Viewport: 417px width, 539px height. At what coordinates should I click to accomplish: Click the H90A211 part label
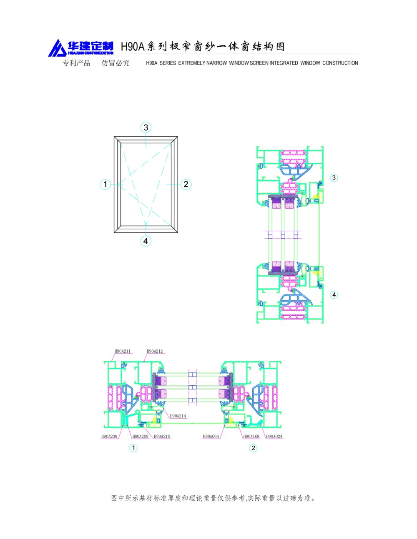tap(122, 351)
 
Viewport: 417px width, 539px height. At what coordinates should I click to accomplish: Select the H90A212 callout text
tap(155, 351)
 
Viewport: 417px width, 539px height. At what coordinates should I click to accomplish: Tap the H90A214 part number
tap(178, 416)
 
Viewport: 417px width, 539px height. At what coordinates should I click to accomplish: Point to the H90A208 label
tap(109, 436)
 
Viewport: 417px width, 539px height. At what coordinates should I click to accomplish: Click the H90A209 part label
tap(141, 436)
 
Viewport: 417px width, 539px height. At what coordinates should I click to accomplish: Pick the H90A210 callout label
tap(162, 436)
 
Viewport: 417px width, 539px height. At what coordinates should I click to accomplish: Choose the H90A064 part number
tap(211, 436)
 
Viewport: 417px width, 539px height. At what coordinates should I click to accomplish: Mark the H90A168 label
tap(251, 436)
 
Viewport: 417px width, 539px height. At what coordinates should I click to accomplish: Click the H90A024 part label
tap(274, 436)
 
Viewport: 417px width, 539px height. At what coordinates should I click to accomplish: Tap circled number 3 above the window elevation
tap(146, 127)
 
